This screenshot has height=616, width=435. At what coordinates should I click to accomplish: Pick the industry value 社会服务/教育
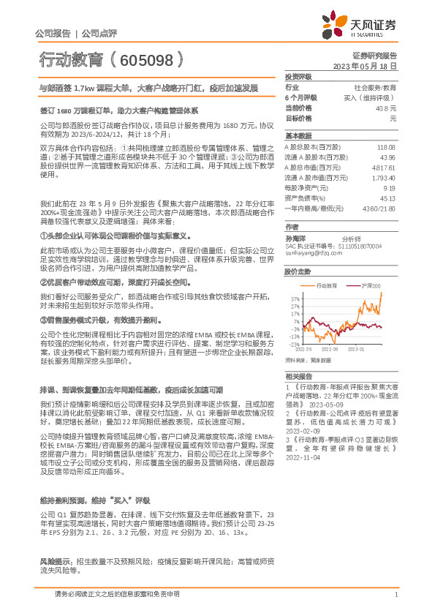374,86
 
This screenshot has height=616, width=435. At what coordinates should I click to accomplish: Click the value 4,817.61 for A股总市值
383,167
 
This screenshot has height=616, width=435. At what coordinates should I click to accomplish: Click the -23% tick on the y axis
294,344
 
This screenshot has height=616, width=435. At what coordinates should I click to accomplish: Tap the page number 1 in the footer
395,595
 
